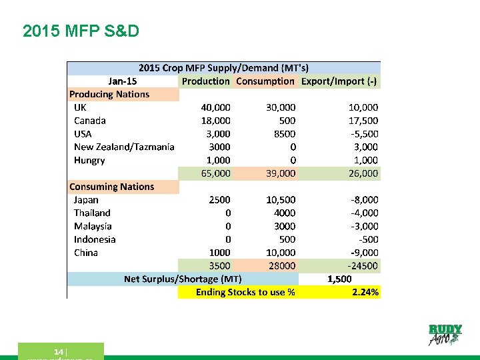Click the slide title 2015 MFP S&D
[81, 31]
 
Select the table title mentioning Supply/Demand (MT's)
[223, 68]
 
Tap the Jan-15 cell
[122, 81]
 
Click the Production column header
[205, 81]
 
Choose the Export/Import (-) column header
[339, 81]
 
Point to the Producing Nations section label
[109, 94]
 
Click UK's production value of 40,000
[216, 107]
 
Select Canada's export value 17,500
[363, 121]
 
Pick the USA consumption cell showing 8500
[285, 133]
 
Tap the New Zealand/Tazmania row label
[124, 147]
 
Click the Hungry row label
[89, 160]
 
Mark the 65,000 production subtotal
[216, 173]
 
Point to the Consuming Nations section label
[111, 187]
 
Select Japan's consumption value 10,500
[281, 199]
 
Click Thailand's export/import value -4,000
[365, 213]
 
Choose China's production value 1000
[219, 253]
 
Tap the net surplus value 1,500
[339, 279]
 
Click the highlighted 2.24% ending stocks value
[365, 292]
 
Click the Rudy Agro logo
[445, 335]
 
